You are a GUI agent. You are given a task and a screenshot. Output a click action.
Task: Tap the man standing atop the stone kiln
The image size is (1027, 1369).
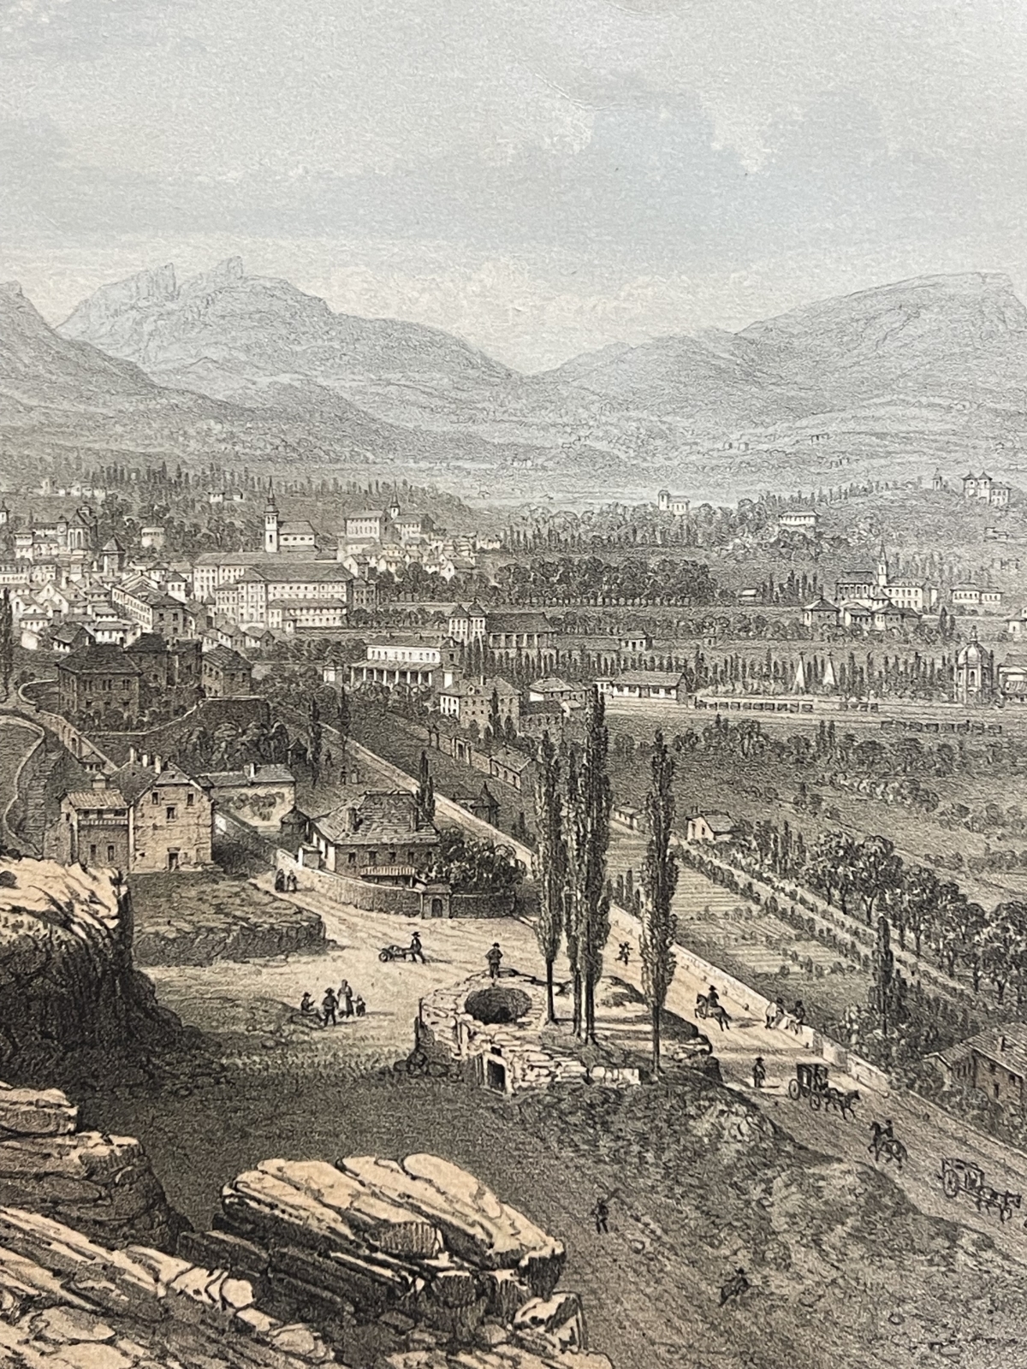coord(494,959)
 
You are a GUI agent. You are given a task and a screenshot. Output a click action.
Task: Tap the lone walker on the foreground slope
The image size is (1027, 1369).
coord(602,1212)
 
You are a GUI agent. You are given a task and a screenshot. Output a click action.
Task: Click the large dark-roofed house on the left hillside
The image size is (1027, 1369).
coord(98,680)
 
